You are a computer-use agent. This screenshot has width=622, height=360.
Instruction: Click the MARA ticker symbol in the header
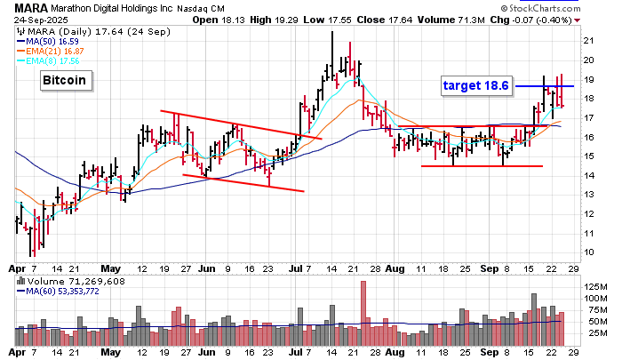pyautogui.click(x=30, y=7)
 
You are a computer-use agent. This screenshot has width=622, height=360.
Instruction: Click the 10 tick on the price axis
pyautogui.click(x=588, y=233)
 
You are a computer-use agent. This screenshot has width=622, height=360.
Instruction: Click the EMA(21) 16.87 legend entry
pyautogui.click(x=53, y=52)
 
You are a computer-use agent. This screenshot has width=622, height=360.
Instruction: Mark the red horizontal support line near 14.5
pyautogui.click(x=481, y=166)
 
